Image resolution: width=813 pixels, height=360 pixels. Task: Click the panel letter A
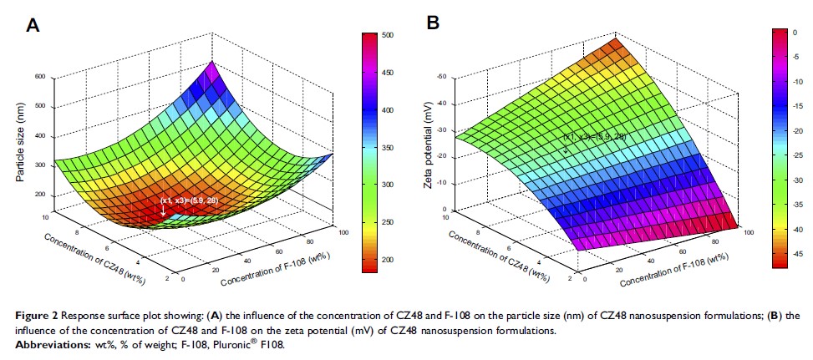click(x=33, y=25)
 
